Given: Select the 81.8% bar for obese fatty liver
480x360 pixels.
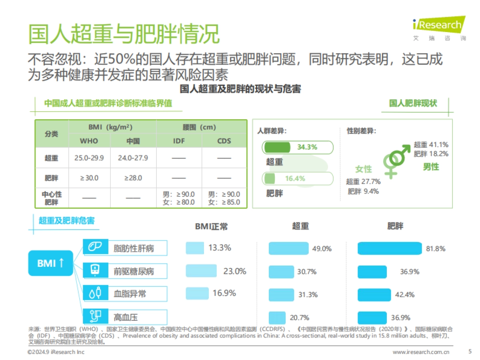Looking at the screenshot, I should coord(390,248).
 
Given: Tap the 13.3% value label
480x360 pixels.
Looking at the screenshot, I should coord(220,248).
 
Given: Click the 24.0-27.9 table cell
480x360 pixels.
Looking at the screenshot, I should coord(133,158).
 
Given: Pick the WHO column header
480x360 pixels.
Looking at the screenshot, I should coord(89,141).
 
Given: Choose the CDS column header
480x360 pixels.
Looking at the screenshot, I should coord(224,141).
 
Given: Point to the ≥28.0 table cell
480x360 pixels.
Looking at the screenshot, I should coord(133,178).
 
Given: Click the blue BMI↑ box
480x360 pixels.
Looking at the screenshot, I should coord(50,263).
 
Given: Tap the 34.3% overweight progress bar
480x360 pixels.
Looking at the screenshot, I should coord(297,147).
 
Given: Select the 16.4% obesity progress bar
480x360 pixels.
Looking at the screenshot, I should coord(297,178).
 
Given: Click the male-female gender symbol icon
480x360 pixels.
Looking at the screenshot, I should coord(396,160).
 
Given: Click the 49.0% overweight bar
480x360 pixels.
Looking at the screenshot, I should coord(288,248).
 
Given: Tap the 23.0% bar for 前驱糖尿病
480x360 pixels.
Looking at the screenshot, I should coord(201,271).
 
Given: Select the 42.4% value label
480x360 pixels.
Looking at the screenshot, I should coord(405,295).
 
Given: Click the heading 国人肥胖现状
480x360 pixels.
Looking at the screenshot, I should coord(413,104).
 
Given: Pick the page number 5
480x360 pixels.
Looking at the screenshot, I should coord(470,352).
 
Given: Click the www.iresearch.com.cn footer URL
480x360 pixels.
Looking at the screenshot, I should coord(421,352).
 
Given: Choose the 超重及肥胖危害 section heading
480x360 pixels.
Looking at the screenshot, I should coord(66,221).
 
